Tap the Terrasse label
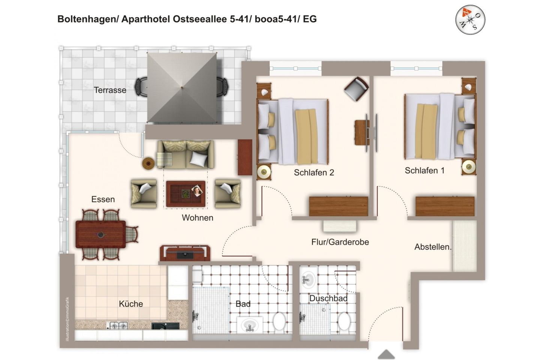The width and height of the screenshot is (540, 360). (x=110, y=90)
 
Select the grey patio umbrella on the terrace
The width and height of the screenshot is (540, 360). (x=182, y=87)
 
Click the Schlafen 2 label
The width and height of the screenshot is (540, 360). (x=313, y=172)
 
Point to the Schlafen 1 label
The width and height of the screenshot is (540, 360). (x=424, y=171)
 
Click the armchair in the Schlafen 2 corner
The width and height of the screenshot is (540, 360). (x=356, y=88)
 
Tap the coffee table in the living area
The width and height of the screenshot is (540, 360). (x=186, y=194)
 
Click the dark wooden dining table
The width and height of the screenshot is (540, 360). (x=100, y=234)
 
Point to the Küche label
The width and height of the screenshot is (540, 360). (x=131, y=304)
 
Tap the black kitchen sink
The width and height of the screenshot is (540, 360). (x=165, y=326)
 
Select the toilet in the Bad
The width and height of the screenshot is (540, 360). (x=279, y=322)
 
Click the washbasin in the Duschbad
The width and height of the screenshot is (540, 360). (x=308, y=279)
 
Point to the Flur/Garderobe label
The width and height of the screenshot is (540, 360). (x=340, y=242)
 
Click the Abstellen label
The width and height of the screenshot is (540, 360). (x=433, y=247)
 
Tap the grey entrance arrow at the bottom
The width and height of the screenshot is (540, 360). (x=386, y=354)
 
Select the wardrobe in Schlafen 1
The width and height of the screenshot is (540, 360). (x=445, y=206)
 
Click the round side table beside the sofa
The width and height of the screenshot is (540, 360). (x=148, y=163)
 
